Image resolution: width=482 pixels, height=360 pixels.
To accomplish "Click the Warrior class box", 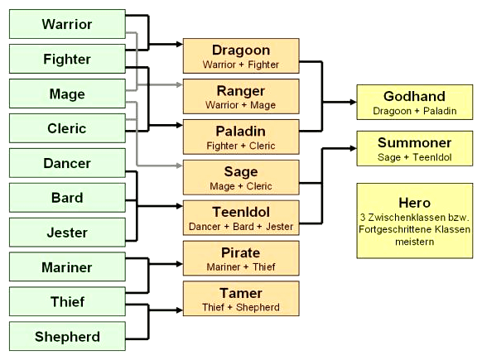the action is click(x=67, y=24).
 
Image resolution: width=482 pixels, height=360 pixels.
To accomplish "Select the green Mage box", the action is click(x=67, y=94).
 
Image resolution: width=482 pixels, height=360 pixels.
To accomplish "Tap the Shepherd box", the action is click(x=67, y=336).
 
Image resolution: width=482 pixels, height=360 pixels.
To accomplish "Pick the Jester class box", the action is click(x=67, y=233).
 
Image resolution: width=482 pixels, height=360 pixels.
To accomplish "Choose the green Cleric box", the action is click(x=67, y=128).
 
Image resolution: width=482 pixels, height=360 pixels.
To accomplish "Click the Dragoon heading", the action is click(x=241, y=50).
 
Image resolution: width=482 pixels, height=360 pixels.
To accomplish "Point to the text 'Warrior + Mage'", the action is click(x=241, y=105).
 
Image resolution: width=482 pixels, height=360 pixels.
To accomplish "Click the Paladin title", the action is click(x=241, y=131).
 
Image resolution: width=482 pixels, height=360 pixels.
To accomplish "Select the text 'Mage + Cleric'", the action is click(x=241, y=186).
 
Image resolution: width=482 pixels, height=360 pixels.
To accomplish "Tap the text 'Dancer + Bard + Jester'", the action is click(x=241, y=227).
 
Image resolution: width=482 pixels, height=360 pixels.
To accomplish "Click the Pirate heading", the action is click(x=241, y=252).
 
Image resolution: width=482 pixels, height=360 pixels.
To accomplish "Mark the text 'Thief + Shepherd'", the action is click(x=241, y=307).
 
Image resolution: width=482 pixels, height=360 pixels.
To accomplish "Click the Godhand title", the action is click(x=414, y=97).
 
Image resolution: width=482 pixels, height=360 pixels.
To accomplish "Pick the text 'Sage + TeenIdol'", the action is click(x=415, y=157).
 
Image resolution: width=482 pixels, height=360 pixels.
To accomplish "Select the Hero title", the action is click(x=415, y=203).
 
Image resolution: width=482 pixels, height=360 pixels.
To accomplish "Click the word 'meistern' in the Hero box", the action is click(x=415, y=242).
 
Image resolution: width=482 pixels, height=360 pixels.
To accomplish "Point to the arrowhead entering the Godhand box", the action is click(x=353, y=102).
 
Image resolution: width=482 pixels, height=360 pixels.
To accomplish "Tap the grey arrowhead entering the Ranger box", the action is click(x=180, y=84).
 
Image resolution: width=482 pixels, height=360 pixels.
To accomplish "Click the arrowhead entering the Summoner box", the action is click(x=353, y=149).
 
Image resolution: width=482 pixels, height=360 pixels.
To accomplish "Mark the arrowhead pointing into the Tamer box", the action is click(x=180, y=310).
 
